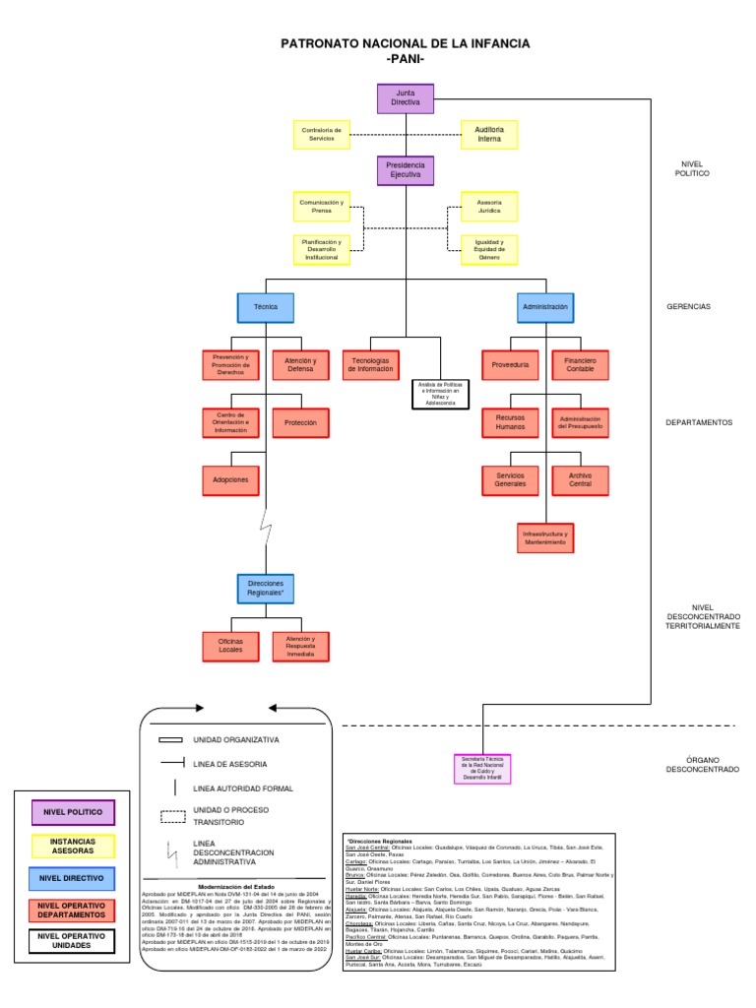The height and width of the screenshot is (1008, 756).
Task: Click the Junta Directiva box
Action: point(406,98)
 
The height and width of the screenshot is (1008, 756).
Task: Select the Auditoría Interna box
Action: point(489,134)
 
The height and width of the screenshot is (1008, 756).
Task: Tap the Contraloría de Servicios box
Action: point(321,134)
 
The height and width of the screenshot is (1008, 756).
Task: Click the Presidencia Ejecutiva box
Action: point(406,170)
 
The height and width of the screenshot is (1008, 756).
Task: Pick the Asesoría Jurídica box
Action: point(489,208)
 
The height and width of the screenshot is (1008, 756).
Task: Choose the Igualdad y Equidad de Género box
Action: point(489,250)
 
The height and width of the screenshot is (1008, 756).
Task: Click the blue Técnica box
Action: point(266,307)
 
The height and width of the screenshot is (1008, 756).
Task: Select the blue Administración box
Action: point(545,307)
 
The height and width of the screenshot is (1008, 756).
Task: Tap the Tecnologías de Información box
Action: point(371,364)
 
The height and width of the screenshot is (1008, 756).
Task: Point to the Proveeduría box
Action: point(510,365)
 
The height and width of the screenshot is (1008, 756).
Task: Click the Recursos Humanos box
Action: point(510,422)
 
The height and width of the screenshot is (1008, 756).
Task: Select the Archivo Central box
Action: point(580,479)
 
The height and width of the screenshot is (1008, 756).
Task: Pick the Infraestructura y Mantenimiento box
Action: point(544,537)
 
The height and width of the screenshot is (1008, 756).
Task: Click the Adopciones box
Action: point(230,479)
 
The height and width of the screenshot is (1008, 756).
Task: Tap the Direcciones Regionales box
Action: point(266,589)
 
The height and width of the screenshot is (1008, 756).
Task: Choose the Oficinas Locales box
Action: point(230,646)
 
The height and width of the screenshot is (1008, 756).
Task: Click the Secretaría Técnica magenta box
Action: point(482,769)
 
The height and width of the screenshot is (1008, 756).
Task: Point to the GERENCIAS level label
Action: point(688,307)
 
